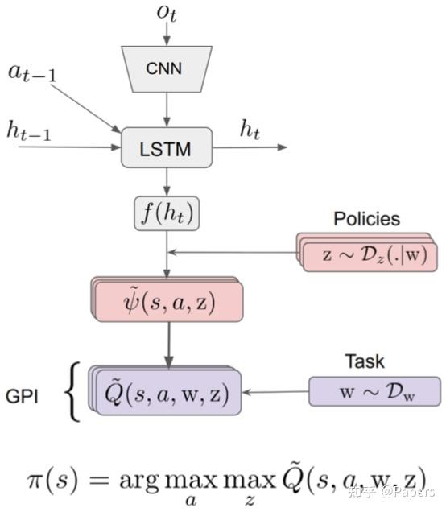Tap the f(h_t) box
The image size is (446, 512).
pos(167,214)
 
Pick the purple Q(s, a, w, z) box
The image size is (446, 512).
pos(167,393)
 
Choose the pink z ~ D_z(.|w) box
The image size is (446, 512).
pos(370,254)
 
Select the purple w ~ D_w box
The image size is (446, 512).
pos(374,392)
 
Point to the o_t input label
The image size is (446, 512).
pos(167,12)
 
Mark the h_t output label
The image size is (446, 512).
pos(250,129)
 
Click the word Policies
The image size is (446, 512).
pos(366,218)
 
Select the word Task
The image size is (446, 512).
pos(365,361)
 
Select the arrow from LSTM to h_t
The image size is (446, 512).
pos(250,147)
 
